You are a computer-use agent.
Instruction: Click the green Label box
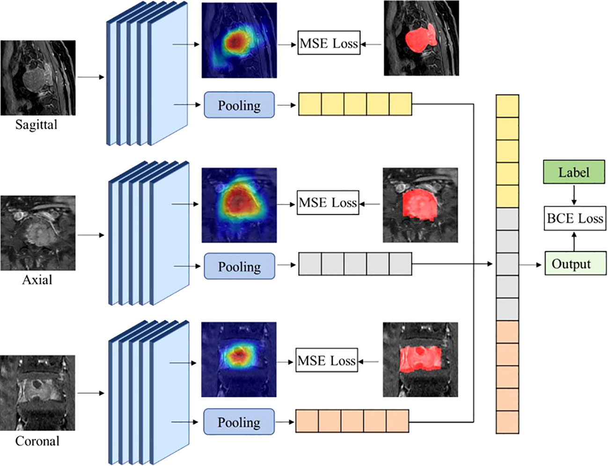pos(574,172)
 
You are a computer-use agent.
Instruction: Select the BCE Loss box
pos(575,218)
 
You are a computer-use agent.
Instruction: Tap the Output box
pos(575,264)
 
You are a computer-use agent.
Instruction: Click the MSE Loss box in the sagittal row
pos(329,43)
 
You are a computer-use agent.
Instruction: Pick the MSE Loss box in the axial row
pos(328,202)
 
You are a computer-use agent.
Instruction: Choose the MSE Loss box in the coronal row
pos(327,361)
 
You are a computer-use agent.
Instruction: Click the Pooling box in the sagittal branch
pos(239,105)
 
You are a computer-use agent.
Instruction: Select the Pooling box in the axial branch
pos(239,266)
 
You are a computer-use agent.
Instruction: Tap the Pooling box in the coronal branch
pos(239,422)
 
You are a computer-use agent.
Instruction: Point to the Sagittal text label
pos(36,125)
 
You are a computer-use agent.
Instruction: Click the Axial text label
pos(37,280)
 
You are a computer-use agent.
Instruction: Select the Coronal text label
pos(37,441)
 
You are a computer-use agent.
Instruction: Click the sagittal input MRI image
pos(38,78)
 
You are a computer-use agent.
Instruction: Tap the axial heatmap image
pos(239,205)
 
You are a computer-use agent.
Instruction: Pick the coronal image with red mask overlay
pos(420,360)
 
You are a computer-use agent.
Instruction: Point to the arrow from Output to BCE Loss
pos(574,241)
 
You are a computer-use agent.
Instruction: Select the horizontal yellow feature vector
pos(355,104)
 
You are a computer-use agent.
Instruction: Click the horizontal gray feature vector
pos(355,264)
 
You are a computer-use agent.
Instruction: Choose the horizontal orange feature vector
pos(352,421)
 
